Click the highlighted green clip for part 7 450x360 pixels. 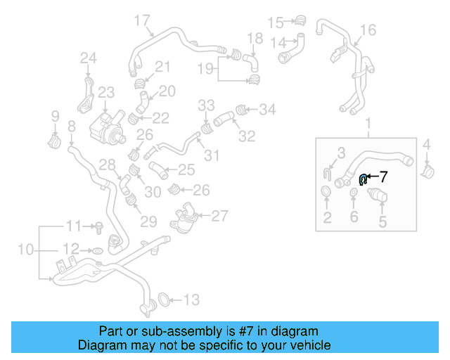tap(363, 180)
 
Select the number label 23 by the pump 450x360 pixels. tap(105, 92)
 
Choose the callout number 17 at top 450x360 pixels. tap(141, 20)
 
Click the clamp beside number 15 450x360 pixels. tap(301, 21)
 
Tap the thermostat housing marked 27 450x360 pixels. tap(185, 214)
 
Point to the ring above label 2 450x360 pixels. tap(327, 193)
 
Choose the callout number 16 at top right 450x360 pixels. tap(368, 30)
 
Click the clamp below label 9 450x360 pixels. tap(54, 141)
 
